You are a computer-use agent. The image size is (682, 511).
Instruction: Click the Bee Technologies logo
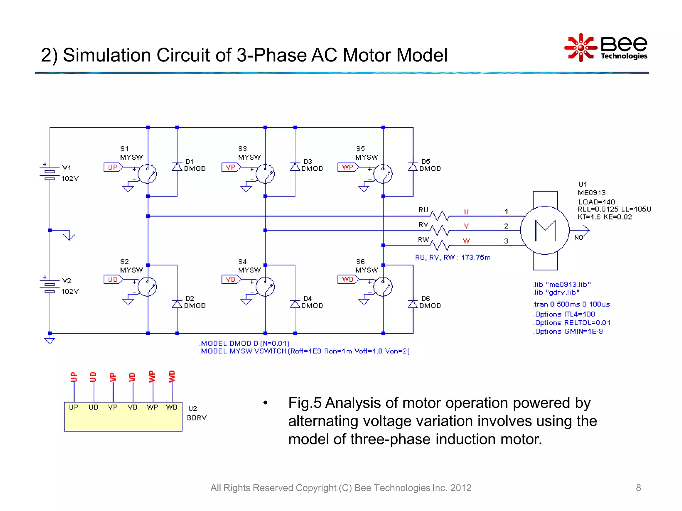click(x=606, y=48)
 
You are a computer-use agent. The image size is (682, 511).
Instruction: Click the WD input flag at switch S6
click(x=348, y=279)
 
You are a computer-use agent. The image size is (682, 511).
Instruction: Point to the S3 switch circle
click(x=265, y=174)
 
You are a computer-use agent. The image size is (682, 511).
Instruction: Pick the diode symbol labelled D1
click(x=177, y=167)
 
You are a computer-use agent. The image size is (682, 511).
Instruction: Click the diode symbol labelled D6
click(x=413, y=304)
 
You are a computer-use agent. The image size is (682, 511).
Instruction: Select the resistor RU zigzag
click(x=440, y=216)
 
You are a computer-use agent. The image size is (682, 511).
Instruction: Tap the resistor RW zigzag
click(x=440, y=245)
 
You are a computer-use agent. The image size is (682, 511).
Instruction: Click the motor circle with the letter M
click(x=545, y=230)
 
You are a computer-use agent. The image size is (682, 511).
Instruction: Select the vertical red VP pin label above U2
click(x=113, y=377)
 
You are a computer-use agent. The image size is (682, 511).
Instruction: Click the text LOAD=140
click(x=596, y=202)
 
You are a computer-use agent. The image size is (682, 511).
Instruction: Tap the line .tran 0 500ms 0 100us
click(x=571, y=304)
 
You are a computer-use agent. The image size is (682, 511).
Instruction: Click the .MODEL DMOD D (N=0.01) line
click(x=244, y=343)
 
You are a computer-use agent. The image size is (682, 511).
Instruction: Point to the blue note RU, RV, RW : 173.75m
click(x=453, y=257)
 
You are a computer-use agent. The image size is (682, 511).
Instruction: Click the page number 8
click(x=638, y=488)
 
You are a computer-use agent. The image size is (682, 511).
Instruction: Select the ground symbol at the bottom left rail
click(x=50, y=341)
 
